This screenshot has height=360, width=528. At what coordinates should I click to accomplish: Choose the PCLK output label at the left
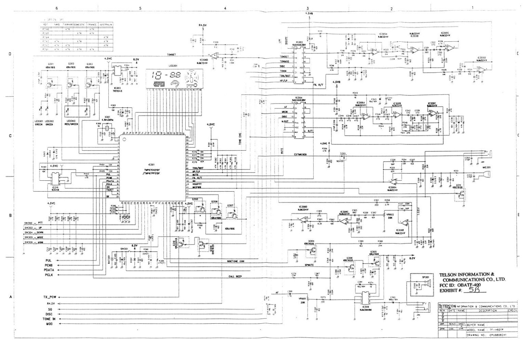[49, 275]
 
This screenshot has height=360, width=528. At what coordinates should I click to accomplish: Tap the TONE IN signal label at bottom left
[49, 319]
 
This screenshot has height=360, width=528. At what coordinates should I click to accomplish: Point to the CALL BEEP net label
[236, 276]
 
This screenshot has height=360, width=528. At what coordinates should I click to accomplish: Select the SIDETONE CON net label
[236, 261]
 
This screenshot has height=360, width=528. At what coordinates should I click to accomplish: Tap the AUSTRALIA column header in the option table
[106, 25]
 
